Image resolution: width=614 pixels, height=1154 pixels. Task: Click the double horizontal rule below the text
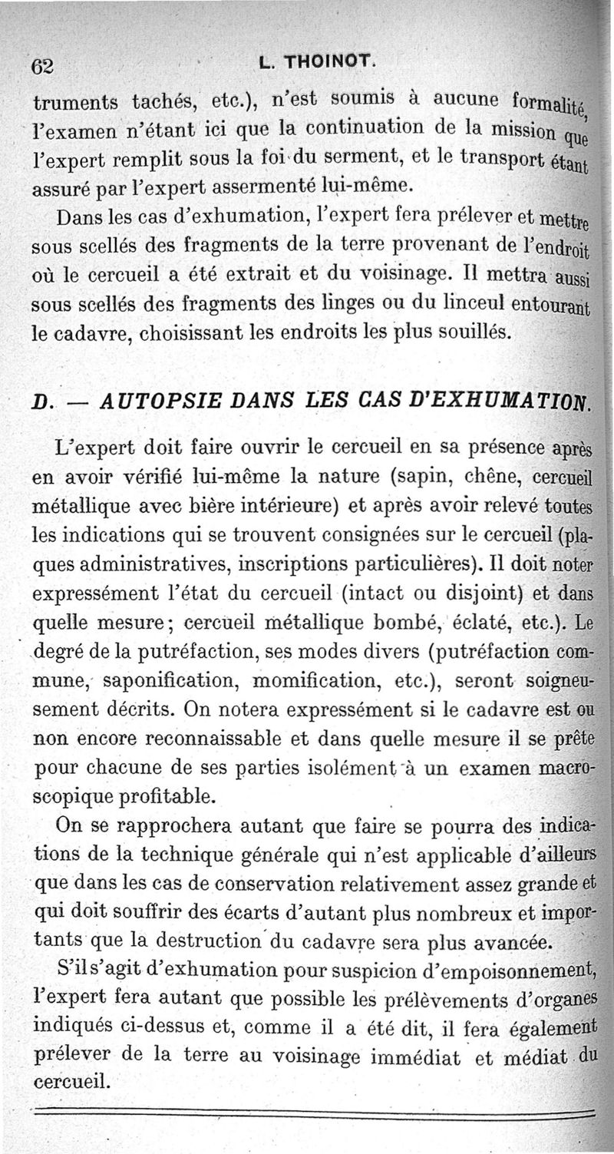(307, 1109)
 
